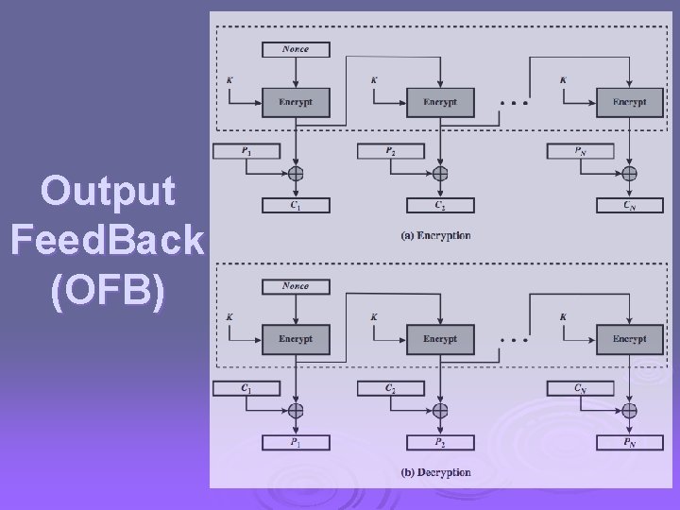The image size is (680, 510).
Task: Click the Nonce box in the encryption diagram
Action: tap(296, 48)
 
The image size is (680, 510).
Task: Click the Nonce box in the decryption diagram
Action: tap(296, 285)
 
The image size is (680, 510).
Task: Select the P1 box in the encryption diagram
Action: tap(247, 150)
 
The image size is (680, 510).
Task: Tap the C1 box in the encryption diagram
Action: tap(296, 205)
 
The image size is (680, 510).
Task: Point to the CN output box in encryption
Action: tap(629, 205)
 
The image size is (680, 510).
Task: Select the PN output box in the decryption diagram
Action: tap(629, 441)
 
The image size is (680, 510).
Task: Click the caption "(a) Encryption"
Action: tap(435, 235)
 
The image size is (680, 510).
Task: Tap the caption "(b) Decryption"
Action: tap(435, 471)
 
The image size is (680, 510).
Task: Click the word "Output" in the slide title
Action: tap(109, 192)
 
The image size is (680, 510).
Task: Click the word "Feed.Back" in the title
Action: tap(107, 242)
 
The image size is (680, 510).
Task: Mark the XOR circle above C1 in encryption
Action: tap(296, 174)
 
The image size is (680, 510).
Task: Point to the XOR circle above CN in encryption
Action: tap(629, 174)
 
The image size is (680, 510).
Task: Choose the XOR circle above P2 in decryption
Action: tap(440, 410)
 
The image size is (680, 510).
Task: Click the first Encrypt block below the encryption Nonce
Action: tap(296, 102)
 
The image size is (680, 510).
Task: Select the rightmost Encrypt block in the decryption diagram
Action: tap(629, 338)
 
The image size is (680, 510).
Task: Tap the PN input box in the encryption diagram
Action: tap(581, 150)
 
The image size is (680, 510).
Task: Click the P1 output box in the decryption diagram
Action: tap(296, 441)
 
